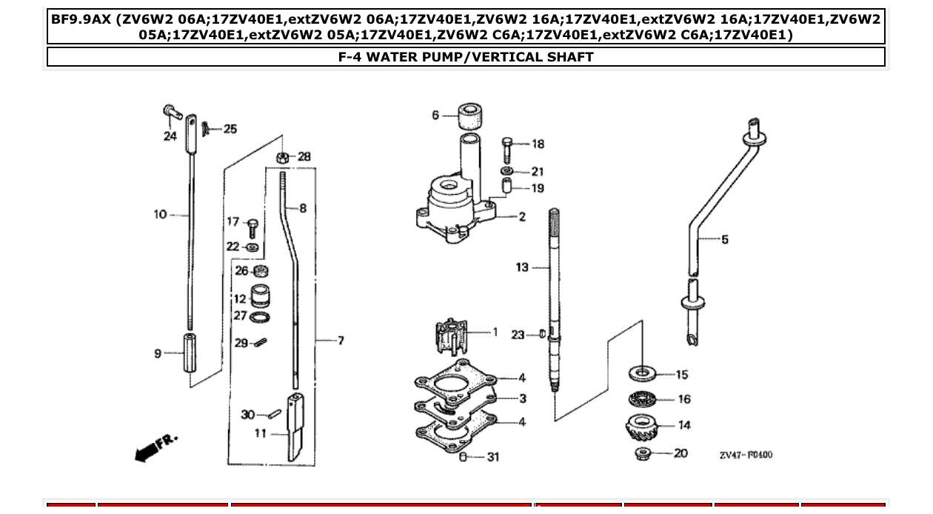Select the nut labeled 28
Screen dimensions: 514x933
click(x=282, y=157)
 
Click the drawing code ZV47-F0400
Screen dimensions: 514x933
click(x=745, y=455)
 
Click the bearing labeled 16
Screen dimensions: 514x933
click(x=642, y=399)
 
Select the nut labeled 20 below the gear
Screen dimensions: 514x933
click(x=642, y=453)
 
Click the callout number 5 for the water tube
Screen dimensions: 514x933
click(x=724, y=239)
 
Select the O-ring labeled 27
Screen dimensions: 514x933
click(x=260, y=317)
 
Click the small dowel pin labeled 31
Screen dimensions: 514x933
click(x=463, y=457)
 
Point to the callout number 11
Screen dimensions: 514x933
click(x=260, y=433)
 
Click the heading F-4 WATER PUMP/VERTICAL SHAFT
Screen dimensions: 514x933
click(x=466, y=57)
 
